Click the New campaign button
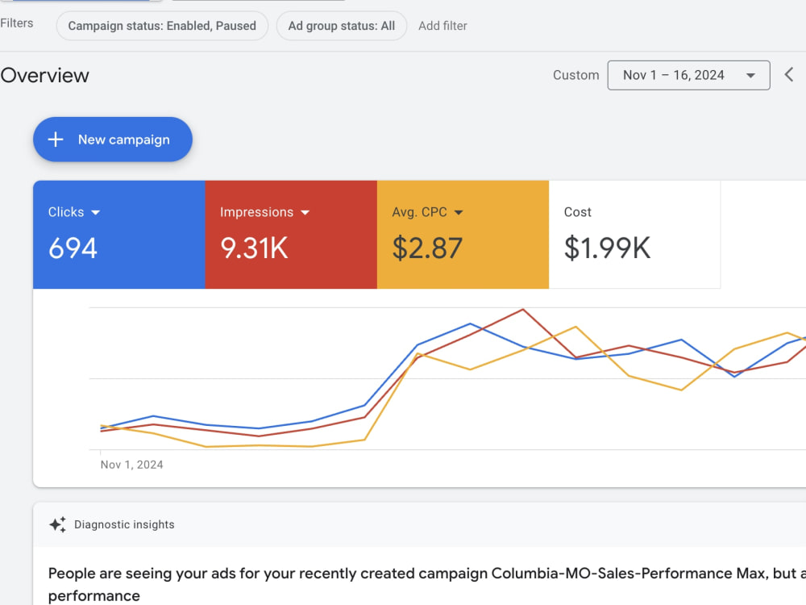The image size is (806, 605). point(113,140)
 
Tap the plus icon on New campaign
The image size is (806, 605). point(56,140)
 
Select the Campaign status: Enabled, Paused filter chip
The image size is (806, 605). point(162,26)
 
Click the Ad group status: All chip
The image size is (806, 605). point(341,26)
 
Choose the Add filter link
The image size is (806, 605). point(442,26)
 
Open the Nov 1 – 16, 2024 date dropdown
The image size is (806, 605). point(689,75)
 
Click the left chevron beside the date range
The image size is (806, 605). point(789,74)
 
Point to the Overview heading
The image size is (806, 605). point(44,76)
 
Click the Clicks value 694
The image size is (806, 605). point(73,248)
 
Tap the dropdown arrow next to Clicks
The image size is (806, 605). point(96,212)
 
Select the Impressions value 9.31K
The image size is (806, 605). point(254,248)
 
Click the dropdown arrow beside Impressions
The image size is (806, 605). point(305,212)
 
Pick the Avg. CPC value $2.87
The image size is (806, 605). point(427,248)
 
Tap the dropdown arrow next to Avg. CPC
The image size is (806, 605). point(459,212)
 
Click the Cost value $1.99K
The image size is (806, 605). point(607,248)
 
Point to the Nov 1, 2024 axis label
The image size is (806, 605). point(131,465)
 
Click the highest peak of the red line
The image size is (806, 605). point(523,309)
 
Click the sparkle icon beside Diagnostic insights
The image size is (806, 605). point(57,524)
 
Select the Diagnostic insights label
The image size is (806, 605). point(124,524)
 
